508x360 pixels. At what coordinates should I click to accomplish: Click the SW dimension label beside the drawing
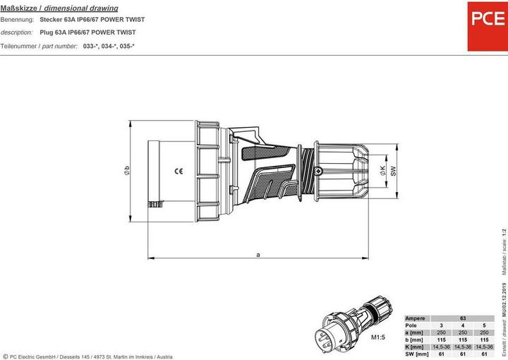coord(394,170)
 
